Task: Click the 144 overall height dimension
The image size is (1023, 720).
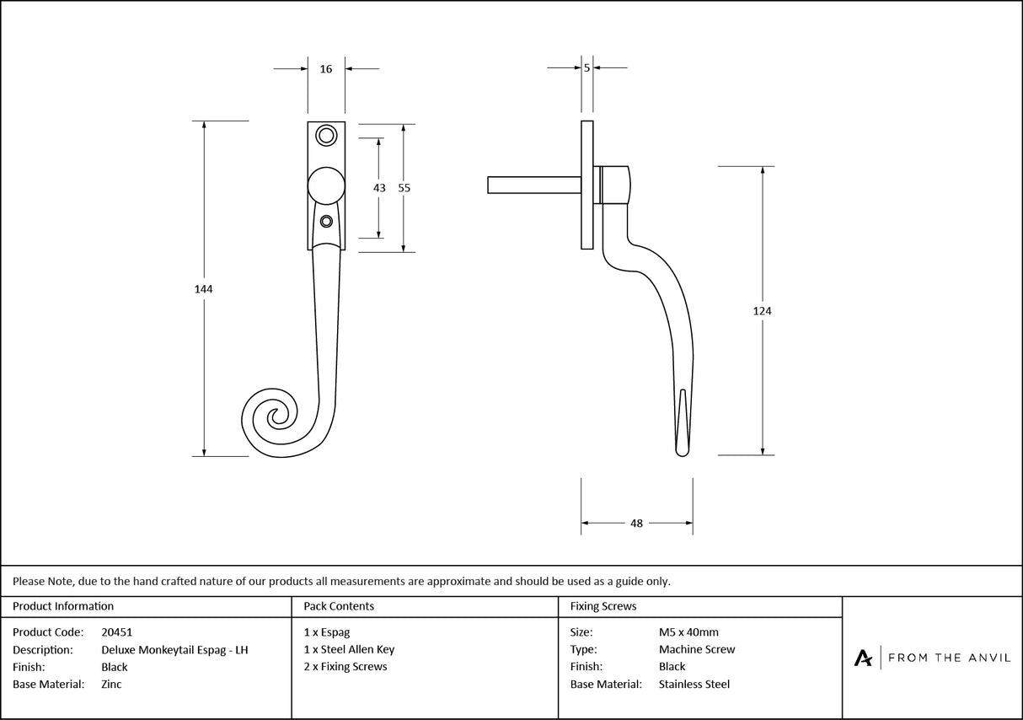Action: click(x=203, y=289)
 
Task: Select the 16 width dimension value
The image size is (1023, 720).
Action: click(x=326, y=69)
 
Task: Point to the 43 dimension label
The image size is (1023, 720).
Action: click(x=379, y=188)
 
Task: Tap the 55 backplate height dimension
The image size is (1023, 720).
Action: click(x=404, y=188)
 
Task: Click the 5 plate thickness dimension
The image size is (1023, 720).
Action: click(x=586, y=67)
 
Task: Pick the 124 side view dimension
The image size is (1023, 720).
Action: click(x=762, y=311)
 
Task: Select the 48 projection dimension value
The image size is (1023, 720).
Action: click(x=636, y=524)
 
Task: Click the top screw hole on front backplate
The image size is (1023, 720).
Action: click(x=325, y=135)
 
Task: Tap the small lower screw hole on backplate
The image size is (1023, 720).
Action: click(x=326, y=222)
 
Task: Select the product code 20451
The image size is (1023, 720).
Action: click(x=116, y=631)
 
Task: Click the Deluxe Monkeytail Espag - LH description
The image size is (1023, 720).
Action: click(x=174, y=649)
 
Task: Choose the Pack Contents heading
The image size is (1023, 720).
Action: click(x=339, y=606)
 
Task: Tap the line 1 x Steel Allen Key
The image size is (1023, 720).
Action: click(x=349, y=649)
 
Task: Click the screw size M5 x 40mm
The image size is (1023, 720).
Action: click(x=688, y=631)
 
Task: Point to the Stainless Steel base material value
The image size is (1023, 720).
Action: click(x=694, y=685)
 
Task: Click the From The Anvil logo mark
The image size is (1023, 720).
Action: click(x=864, y=658)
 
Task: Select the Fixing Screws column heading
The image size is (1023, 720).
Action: click(x=603, y=606)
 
